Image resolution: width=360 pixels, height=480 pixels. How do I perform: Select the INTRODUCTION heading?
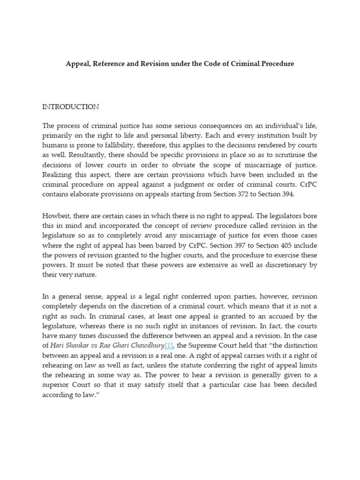(x=71, y=107)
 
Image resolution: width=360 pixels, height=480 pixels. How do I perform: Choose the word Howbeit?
(x=56, y=216)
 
